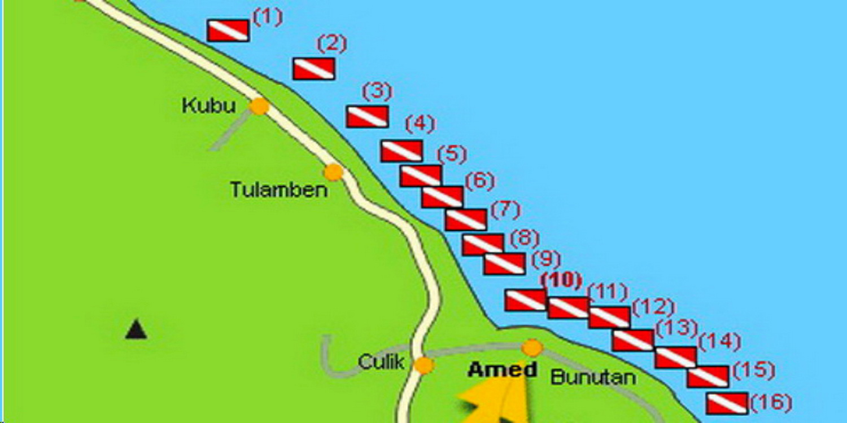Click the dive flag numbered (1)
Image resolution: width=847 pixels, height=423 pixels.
(x=228, y=30)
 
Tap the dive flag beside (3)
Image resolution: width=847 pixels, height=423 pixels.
(x=367, y=116)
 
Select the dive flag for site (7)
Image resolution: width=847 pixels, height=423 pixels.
(x=466, y=219)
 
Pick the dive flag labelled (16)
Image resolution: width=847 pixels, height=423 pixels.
(x=727, y=404)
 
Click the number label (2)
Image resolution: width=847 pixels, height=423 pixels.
(x=331, y=44)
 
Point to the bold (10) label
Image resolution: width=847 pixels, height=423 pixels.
(x=561, y=281)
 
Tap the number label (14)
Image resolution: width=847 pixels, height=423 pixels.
(x=719, y=342)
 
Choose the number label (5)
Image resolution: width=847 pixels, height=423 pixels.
(x=452, y=155)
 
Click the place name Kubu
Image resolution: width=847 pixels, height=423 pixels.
(x=208, y=105)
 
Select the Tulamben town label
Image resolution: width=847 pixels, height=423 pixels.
(x=279, y=190)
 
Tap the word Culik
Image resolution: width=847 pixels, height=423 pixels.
(x=382, y=363)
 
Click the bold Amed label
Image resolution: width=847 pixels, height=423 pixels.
(x=503, y=370)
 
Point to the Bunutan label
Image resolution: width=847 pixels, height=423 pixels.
(x=592, y=377)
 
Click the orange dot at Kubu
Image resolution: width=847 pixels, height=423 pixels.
(x=259, y=106)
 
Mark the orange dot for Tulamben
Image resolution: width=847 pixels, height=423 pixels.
(x=334, y=171)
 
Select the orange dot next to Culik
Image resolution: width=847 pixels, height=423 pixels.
(x=423, y=365)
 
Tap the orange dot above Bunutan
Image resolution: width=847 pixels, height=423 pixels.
(x=532, y=347)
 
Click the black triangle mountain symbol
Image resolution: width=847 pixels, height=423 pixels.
(x=136, y=329)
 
